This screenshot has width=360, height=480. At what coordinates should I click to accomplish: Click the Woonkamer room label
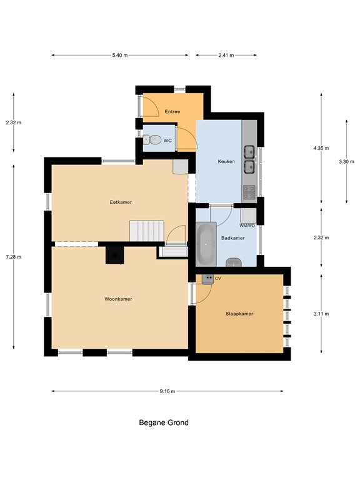click(x=118, y=299)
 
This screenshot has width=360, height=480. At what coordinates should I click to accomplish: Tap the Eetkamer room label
click(x=121, y=202)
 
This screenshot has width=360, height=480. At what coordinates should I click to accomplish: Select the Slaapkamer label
click(x=239, y=313)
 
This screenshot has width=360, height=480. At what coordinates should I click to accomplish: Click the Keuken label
click(x=226, y=161)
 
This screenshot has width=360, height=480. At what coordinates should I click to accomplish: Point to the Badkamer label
click(x=233, y=238)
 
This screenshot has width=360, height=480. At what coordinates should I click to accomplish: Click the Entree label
click(x=172, y=112)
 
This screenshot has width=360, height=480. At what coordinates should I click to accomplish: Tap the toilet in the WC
click(x=151, y=141)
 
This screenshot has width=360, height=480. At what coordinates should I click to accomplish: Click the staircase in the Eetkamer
click(x=147, y=230)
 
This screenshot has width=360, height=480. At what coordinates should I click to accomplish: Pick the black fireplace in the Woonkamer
click(x=114, y=255)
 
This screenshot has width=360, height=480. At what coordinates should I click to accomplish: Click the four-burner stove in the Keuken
click(x=249, y=189)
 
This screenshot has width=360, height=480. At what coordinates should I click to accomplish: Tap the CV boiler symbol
click(x=207, y=277)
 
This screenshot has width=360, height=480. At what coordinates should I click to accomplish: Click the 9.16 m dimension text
click(x=167, y=391)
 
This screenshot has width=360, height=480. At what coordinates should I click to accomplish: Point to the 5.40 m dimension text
click(x=120, y=55)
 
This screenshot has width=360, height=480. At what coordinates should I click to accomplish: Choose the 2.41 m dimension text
click(x=226, y=55)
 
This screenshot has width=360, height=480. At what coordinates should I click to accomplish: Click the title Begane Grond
click(x=163, y=422)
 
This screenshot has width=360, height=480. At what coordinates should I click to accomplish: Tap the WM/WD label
click(x=247, y=226)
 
